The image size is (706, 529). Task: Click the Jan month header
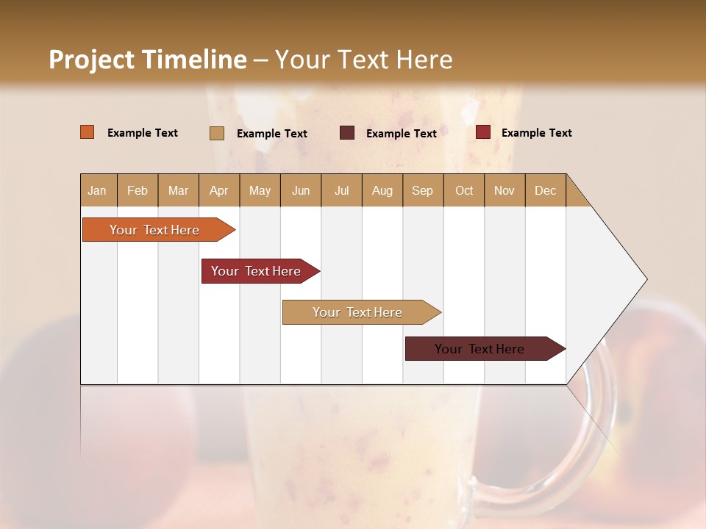(98, 190)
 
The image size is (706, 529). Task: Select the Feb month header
(138, 190)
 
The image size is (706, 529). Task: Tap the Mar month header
(178, 190)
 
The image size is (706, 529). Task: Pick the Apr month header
(219, 190)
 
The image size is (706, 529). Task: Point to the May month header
(260, 190)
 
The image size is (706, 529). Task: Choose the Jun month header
(301, 190)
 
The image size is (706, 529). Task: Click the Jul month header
(341, 190)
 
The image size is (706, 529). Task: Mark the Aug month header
(382, 190)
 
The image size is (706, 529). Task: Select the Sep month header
(423, 190)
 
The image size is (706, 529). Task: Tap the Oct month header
(464, 190)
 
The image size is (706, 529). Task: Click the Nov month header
(504, 190)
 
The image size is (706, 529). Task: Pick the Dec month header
(546, 190)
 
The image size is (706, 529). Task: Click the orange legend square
(88, 132)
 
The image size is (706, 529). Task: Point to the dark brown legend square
(347, 132)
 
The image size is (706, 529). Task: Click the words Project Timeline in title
(148, 60)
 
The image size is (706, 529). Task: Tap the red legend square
(483, 132)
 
